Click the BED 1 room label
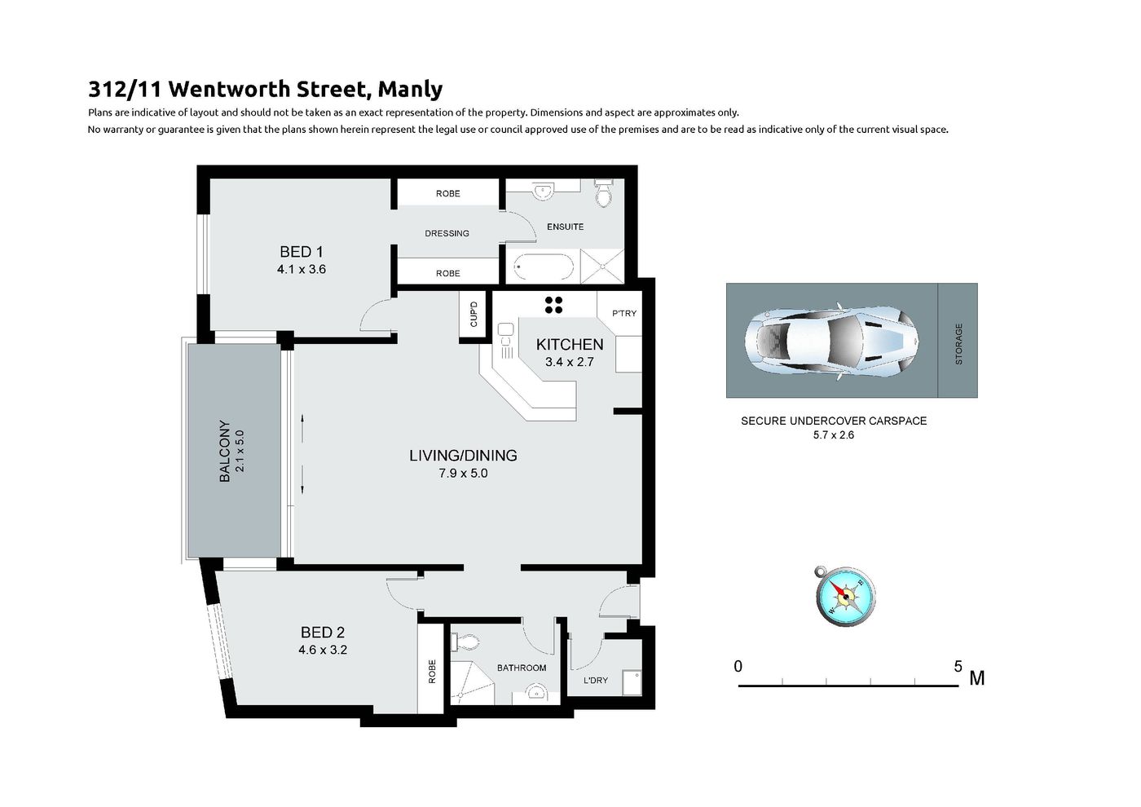point(301,252)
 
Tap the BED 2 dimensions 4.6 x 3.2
point(323,650)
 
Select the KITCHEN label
point(570,344)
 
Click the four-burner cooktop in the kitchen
point(553,305)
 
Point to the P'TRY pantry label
point(624,313)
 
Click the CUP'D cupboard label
point(474,315)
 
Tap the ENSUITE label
point(565,227)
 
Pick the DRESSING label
point(447,233)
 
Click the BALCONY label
point(224,451)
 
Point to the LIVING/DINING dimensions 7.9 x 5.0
point(463,474)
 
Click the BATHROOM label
point(522,668)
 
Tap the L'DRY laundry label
point(596,680)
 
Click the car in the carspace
point(831,341)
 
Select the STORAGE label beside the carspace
point(958,344)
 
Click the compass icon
point(845,596)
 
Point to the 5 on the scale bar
point(958,666)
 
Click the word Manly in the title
point(410,90)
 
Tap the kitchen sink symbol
point(506,341)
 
